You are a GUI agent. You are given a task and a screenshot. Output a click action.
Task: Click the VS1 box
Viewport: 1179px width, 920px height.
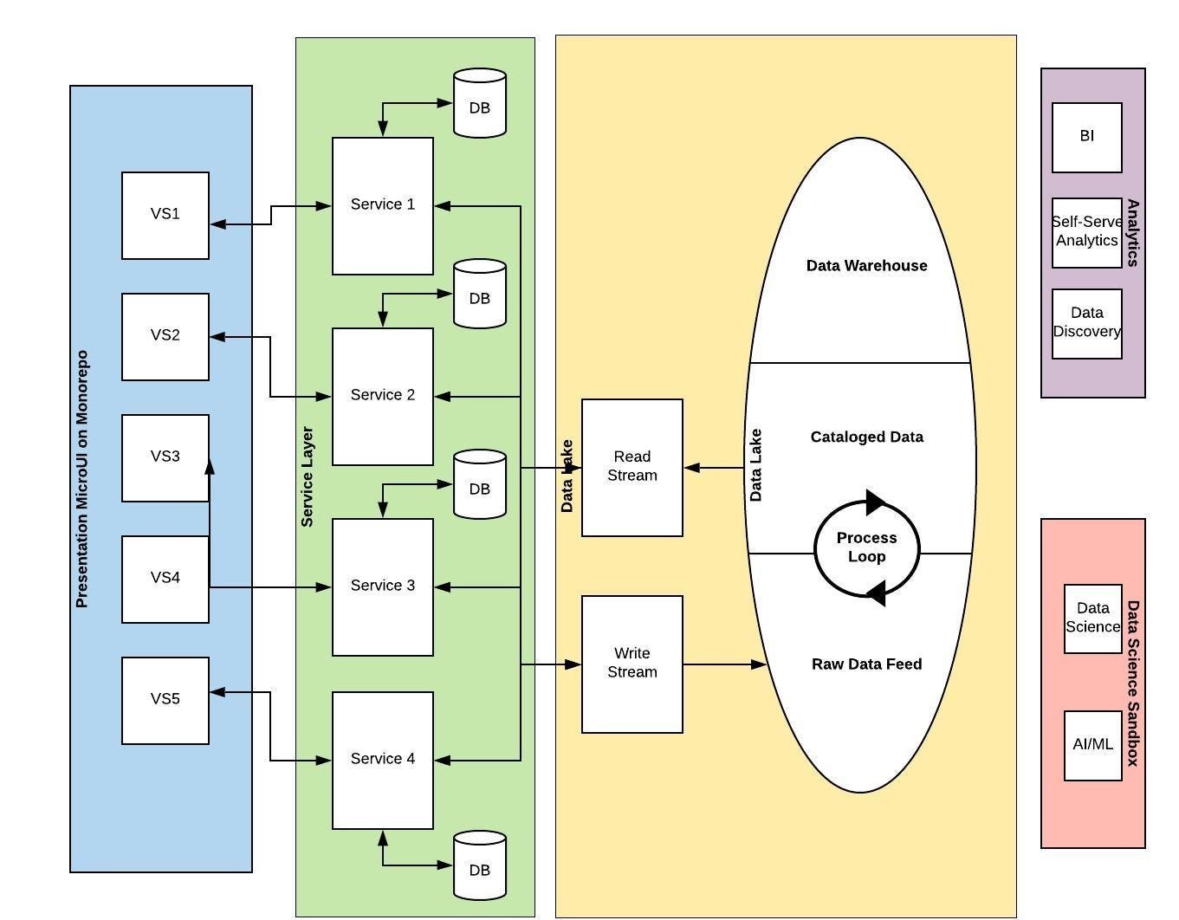[x=165, y=215]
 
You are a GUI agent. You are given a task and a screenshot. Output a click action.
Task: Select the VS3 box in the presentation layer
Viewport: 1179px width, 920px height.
[x=165, y=457]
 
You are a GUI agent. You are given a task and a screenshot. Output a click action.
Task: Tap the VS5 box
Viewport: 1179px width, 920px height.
[x=165, y=700]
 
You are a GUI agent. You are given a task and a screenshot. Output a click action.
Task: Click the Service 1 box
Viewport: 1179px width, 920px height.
[x=382, y=205]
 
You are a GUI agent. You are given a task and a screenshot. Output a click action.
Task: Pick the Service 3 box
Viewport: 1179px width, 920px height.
[x=382, y=586]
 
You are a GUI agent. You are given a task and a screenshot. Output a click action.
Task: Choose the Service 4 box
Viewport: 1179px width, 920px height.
[x=382, y=760]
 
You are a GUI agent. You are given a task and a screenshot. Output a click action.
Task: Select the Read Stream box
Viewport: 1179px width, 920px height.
[x=632, y=467]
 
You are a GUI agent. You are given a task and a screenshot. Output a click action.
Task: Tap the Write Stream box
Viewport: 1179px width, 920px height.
[x=632, y=664]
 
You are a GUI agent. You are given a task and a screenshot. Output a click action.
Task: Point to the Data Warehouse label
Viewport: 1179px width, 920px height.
[x=866, y=266]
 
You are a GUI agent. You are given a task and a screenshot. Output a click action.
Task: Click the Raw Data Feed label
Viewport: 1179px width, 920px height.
[x=866, y=664]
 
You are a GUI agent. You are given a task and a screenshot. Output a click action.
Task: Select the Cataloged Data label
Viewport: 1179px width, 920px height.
[x=866, y=437]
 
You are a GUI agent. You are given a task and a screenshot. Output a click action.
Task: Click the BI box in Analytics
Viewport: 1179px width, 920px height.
[x=1086, y=137]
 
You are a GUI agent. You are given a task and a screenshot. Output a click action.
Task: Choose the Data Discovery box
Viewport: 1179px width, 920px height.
[x=1086, y=323]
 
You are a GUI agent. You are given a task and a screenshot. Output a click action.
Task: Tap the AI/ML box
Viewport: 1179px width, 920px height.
[x=1092, y=745]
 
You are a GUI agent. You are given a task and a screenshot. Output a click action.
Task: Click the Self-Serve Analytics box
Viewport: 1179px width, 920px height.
[x=1086, y=232]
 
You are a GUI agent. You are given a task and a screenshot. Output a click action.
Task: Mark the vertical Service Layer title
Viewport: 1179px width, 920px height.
[x=307, y=476]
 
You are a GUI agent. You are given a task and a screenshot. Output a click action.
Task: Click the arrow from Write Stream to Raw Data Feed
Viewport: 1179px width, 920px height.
[x=724, y=664]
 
